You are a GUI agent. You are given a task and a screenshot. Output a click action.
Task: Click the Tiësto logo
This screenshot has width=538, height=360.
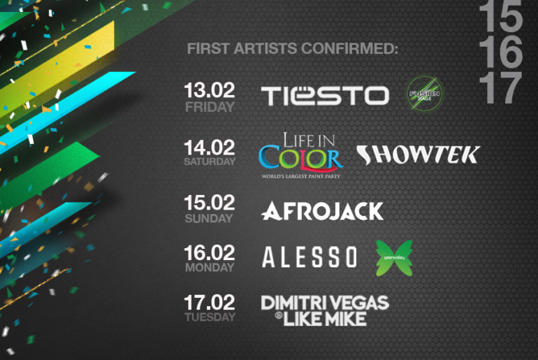[x=325, y=96]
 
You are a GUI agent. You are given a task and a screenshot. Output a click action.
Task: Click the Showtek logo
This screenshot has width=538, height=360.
[x=417, y=154]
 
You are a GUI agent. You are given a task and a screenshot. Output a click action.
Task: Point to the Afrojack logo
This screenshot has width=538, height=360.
[x=322, y=210]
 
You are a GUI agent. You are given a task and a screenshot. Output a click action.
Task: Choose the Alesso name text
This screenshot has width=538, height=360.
[x=310, y=257]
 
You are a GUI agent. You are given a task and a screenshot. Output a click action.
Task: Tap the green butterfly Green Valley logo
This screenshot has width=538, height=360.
[x=394, y=257]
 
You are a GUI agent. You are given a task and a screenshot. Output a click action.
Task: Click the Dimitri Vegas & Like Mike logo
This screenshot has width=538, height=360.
[x=324, y=310]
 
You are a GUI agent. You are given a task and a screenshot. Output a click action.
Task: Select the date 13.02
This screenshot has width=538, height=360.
[x=210, y=91]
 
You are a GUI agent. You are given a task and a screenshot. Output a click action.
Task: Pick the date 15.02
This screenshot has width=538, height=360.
[x=210, y=203]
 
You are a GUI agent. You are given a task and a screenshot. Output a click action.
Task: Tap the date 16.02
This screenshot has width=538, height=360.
[x=210, y=252]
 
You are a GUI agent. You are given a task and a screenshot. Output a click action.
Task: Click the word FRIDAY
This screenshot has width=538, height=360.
[x=210, y=108]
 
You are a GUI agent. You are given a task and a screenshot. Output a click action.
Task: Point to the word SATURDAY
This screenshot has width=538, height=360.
[x=210, y=162]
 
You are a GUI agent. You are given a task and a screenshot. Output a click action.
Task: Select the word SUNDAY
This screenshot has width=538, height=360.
[x=209, y=218]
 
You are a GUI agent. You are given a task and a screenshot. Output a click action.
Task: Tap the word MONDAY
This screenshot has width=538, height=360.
[x=210, y=268]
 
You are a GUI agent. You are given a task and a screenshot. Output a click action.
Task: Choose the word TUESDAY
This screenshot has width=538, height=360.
[x=210, y=318]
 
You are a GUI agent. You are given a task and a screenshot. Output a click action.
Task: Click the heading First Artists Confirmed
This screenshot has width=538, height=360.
[x=292, y=50]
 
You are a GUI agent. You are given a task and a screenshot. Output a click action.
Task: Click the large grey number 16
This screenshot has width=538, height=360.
[x=500, y=51]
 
